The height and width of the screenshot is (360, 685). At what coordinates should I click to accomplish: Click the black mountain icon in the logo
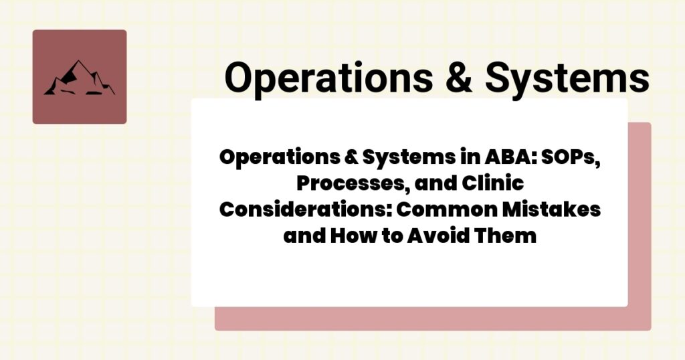[x=79, y=78]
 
